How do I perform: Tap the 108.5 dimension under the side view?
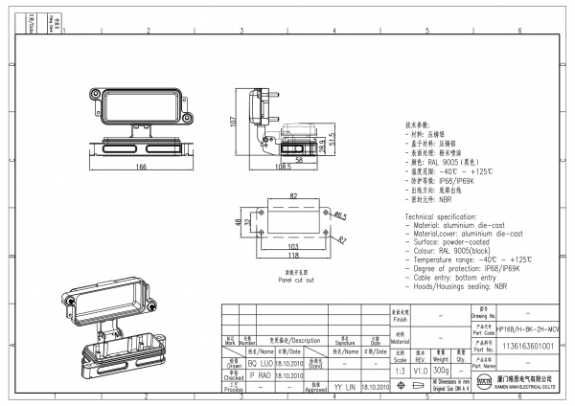pyautogui.click(x=281, y=166)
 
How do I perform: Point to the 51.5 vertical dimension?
pyautogui.click(x=332, y=139)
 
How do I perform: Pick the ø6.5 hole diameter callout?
pyautogui.click(x=340, y=216)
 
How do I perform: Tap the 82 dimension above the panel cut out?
pyautogui.click(x=292, y=196)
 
